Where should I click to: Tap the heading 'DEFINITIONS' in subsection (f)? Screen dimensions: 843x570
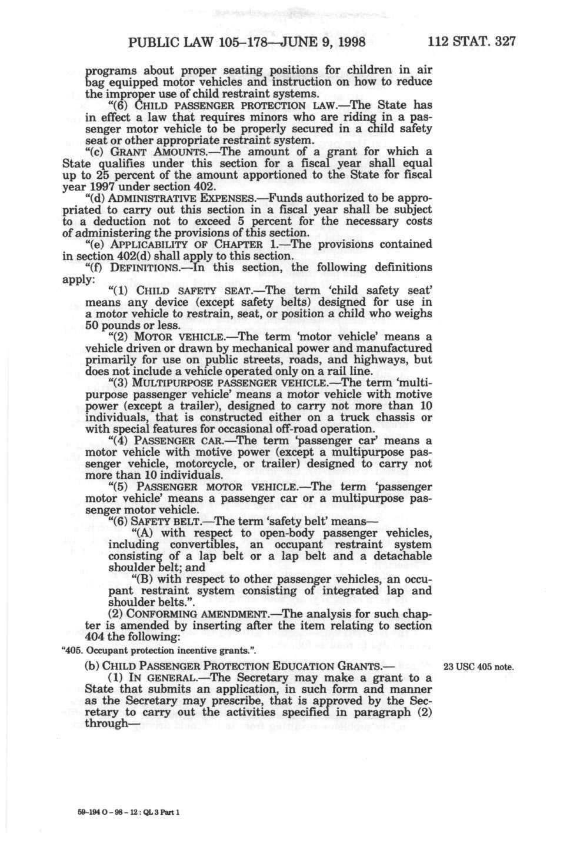point(144,267)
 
